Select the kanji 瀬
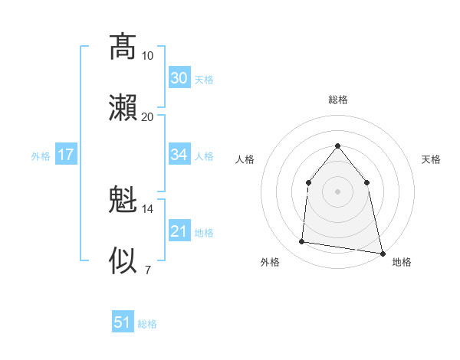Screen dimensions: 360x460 point(123,108)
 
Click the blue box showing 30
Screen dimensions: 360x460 point(179,78)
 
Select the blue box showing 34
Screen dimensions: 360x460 point(179,155)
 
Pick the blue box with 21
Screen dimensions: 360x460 point(179,231)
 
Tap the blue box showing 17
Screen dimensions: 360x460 point(66,155)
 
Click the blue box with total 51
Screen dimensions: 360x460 point(123,322)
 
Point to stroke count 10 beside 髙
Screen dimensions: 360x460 point(148,56)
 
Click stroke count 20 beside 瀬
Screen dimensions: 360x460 point(148,117)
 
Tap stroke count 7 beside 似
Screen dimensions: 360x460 point(148,270)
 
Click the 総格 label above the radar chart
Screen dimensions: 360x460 point(338,100)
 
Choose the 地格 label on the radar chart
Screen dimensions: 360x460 point(402,263)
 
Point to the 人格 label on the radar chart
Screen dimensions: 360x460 point(245,159)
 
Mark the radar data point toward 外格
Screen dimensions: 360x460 point(302,242)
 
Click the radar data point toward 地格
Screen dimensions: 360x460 point(382,253)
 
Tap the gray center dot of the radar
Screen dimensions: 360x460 point(337,191)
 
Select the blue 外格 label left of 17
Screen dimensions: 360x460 point(41,156)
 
